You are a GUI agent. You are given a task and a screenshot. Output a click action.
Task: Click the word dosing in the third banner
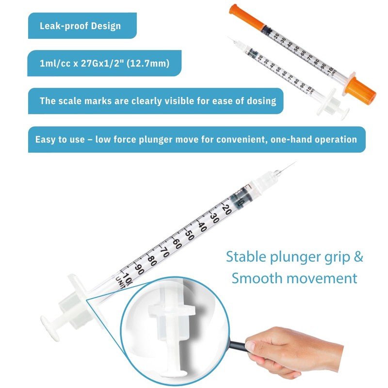262,101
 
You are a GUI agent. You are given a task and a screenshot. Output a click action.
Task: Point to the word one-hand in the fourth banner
292,139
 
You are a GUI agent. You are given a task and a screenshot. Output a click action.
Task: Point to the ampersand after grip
358,257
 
